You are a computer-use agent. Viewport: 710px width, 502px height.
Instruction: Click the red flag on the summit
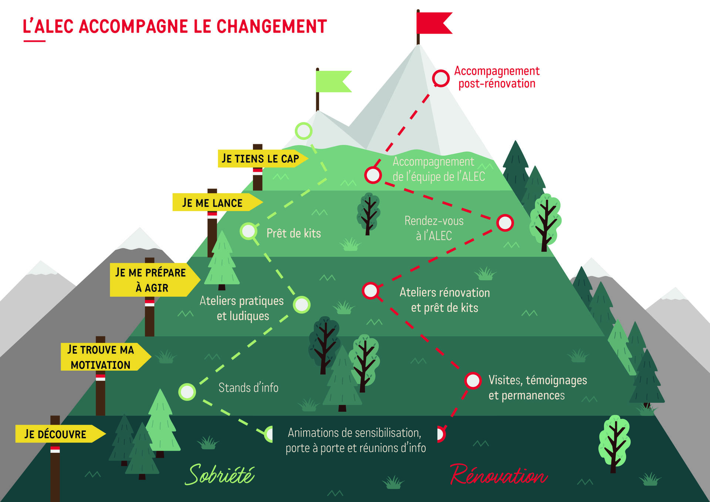pyautogui.click(x=433, y=23)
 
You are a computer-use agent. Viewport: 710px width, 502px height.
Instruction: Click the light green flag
pyautogui.click(x=332, y=81)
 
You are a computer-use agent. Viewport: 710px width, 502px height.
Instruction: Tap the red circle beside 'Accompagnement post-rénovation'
pyautogui.click(x=441, y=78)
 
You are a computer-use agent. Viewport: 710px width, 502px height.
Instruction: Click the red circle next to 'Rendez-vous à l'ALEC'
pyautogui.click(x=505, y=223)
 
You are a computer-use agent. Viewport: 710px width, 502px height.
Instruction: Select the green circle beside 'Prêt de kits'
pyautogui.click(x=248, y=231)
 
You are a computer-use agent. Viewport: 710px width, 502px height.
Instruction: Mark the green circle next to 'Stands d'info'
pyautogui.click(x=187, y=392)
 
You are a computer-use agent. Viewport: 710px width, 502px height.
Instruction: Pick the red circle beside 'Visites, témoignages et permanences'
pyautogui.click(x=473, y=380)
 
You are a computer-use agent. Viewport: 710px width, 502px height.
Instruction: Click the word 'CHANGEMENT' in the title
pyautogui.click(x=271, y=27)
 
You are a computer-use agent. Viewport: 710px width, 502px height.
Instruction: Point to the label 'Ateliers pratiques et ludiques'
pyautogui.click(x=242, y=308)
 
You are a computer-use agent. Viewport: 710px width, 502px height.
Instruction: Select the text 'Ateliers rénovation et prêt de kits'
pyautogui.click(x=444, y=300)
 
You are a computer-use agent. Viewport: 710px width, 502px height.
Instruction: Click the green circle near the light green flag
pyautogui.click(x=304, y=131)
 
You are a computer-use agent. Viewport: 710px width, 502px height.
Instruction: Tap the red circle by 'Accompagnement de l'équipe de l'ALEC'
pyautogui.click(x=373, y=175)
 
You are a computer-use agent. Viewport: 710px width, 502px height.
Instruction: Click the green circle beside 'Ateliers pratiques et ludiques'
pyautogui.click(x=302, y=305)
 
